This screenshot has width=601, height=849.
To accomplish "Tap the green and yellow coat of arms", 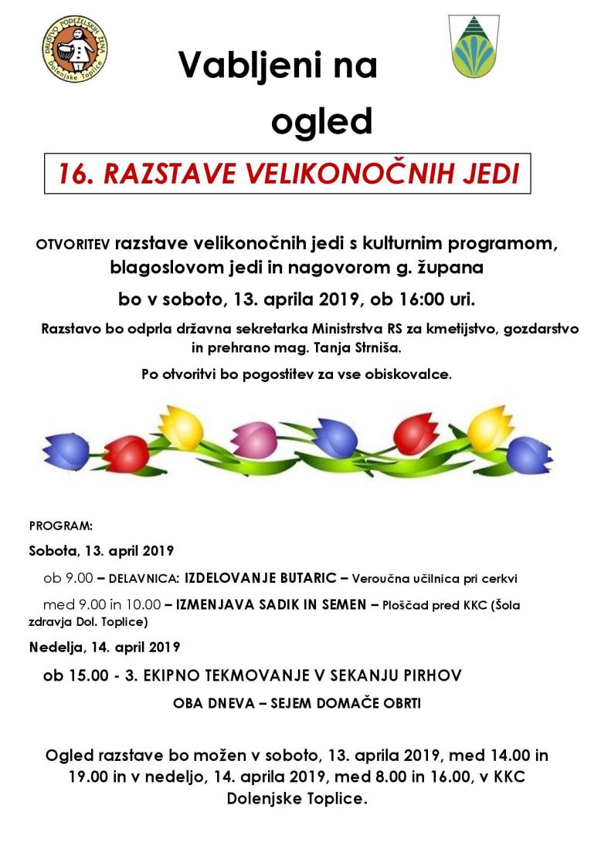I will (474, 49).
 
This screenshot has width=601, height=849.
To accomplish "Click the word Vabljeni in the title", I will (245, 66).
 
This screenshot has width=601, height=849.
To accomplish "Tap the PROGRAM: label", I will (60, 526).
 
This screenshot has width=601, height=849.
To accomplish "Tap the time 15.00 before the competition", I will (84, 675).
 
